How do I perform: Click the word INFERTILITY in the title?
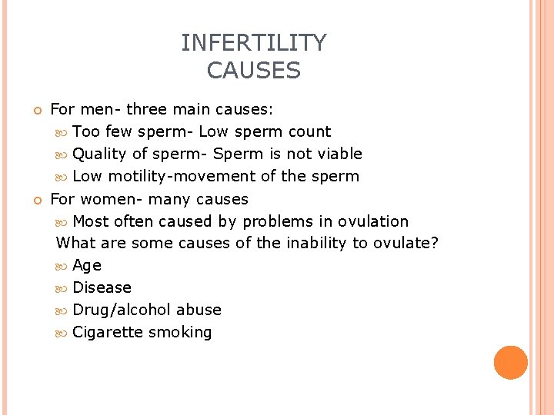[254, 42]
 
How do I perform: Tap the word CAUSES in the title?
[254, 71]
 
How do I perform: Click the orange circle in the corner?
[511, 362]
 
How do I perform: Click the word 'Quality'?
[99, 154]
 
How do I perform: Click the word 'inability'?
[316, 244]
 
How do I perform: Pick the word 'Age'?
[87, 266]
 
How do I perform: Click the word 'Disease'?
[102, 287]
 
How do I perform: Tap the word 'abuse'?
[199, 310]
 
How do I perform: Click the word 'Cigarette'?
[108, 332]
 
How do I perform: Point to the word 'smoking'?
[180, 332]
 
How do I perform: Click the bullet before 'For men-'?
[36, 110]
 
